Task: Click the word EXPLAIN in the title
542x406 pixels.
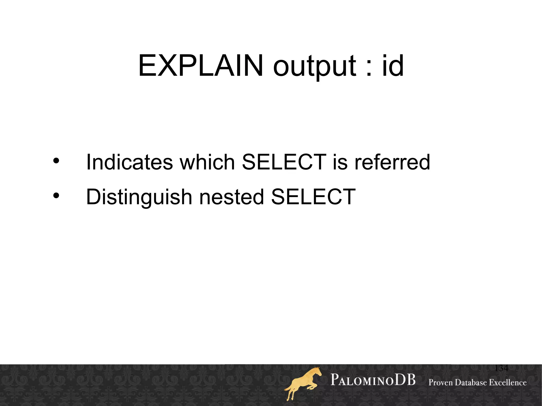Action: [201, 65]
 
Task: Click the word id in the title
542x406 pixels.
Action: [393, 65]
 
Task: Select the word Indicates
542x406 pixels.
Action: [129, 162]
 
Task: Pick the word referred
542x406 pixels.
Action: [392, 162]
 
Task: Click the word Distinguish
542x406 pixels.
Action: [139, 197]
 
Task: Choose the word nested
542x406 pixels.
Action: [232, 197]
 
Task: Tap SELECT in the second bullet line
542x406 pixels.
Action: [313, 197]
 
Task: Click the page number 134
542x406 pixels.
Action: [501, 368]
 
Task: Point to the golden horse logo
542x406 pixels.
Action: [303, 384]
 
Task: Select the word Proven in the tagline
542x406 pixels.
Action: [445, 382]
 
